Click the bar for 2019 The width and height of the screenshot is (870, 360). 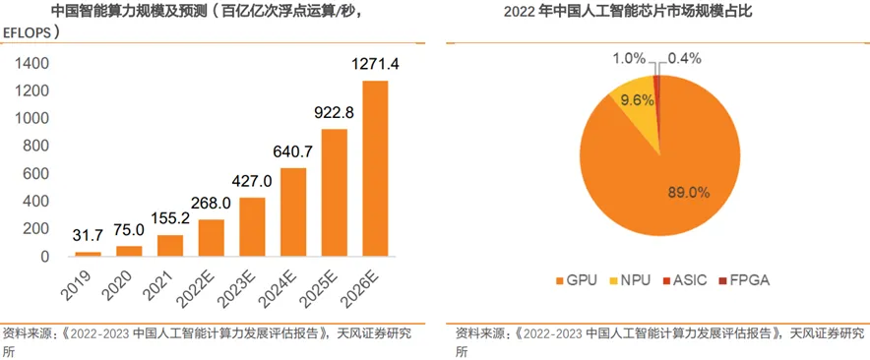click(x=89, y=254)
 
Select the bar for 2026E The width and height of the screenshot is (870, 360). click(x=375, y=168)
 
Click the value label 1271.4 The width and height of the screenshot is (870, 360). click(x=375, y=65)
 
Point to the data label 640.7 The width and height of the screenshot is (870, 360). click(x=293, y=152)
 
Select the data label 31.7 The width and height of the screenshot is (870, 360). click(x=89, y=236)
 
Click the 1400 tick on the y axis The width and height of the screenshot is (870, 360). click(x=31, y=64)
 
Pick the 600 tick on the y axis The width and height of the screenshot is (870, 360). click(x=35, y=174)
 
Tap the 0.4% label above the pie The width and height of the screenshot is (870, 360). click(x=684, y=58)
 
